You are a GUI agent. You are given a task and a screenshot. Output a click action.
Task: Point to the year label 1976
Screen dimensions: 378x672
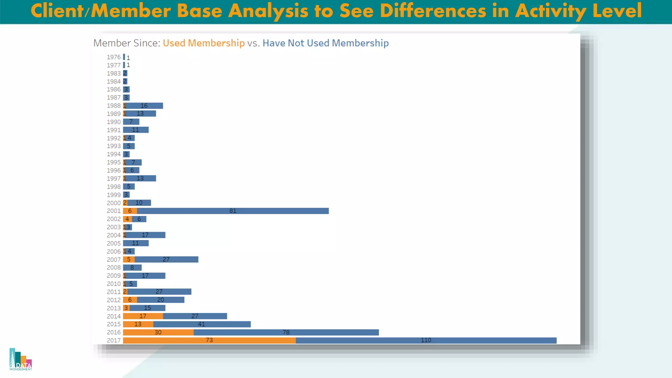pos(114,57)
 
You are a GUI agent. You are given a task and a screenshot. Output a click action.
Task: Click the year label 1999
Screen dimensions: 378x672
pos(114,195)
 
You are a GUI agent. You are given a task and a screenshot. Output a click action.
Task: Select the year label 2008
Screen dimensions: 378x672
pos(114,268)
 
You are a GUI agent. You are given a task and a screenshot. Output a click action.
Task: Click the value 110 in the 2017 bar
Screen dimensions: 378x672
pos(426,340)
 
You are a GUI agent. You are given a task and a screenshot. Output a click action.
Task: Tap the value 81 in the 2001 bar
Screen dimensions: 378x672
pos(233,211)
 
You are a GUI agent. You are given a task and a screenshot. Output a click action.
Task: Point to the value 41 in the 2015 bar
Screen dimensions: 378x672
pos(201,324)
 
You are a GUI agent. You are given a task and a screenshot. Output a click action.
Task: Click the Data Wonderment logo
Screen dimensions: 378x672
pos(21,360)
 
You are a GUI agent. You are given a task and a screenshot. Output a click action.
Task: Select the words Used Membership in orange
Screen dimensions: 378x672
pos(203,43)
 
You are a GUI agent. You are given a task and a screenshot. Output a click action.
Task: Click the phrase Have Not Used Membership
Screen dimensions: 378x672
pos(325,43)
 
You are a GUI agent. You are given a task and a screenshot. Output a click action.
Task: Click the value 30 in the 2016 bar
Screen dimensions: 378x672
pos(158,332)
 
